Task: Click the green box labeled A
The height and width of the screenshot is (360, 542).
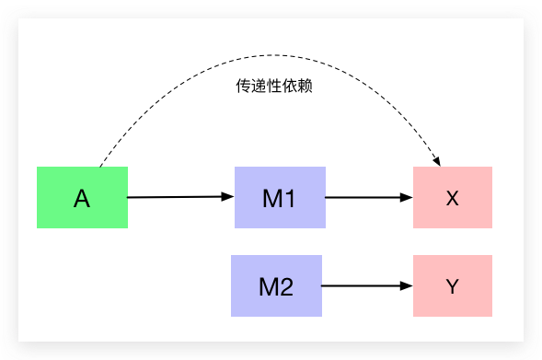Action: click(x=82, y=197)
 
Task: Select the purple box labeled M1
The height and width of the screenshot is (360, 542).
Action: click(x=280, y=197)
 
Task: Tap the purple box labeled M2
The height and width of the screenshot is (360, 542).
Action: click(x=276, y=285)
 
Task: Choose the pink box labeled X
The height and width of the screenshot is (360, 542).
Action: click(x=453, y=197)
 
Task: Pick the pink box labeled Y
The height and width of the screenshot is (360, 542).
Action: click(x=453, y=285)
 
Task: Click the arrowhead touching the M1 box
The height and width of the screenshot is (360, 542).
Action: click(x=229, y=196)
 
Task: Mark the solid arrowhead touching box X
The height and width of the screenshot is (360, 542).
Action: click(x=408, y=197)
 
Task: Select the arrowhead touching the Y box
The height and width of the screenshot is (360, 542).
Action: click(x=408, y=285)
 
